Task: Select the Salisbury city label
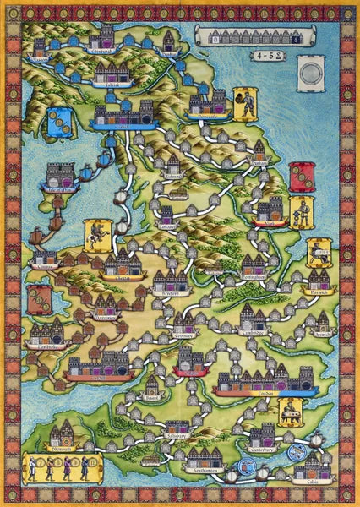point(177,438)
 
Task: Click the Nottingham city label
point(254,277)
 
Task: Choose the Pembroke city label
point(45,346)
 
